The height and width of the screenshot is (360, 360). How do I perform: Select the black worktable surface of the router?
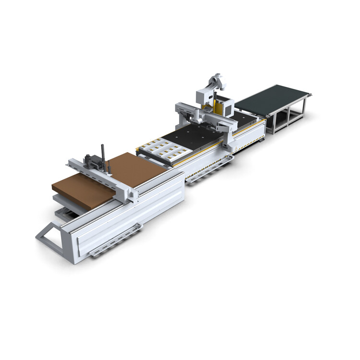[x=192, y=137]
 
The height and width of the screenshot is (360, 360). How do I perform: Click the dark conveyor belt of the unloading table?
[x=271, y=98]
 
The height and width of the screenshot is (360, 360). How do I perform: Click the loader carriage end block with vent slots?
[x=129, y=192]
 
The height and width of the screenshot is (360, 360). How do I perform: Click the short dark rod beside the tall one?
[x=109, y=166]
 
